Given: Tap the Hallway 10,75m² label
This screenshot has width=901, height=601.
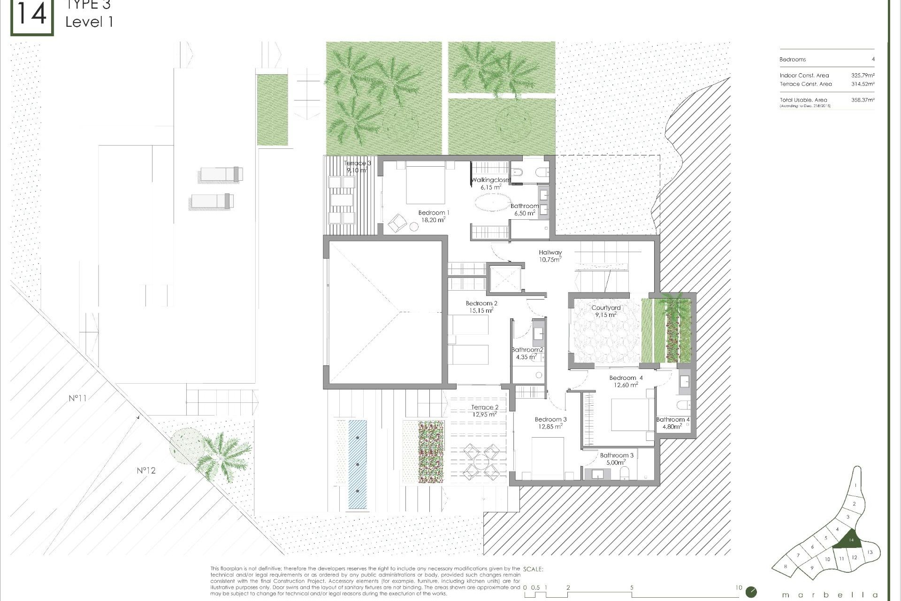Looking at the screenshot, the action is click(x=550, y=256).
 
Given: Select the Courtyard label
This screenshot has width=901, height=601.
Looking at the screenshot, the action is click(x=606, y=311).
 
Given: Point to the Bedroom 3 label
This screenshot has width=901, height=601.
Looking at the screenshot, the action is click(x=550, y=423).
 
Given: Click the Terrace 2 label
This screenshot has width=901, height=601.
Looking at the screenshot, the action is click(x=484, y=411).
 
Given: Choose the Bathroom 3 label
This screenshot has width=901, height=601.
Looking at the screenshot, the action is click(x=616, y=459).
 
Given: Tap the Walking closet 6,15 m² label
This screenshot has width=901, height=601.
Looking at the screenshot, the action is click(x=490, y=184).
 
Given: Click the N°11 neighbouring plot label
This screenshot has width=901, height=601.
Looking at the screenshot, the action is click(x=77, y=398).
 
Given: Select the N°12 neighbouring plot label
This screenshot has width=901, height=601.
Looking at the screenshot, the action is click(x=146, y=470).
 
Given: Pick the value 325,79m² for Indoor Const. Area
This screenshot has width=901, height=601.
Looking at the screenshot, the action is click(x=863, y=75).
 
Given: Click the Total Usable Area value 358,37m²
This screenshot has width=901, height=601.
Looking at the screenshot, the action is click(x=863, y=100).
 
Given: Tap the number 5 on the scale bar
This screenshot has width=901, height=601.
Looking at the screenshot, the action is click(x=632, y=587).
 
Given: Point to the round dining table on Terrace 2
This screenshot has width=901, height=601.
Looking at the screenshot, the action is click(x=481, y=462).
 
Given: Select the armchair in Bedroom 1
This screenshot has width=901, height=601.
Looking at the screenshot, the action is click(x=397, y=223).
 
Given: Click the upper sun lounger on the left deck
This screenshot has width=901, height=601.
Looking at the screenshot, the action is click(x=221, y=174).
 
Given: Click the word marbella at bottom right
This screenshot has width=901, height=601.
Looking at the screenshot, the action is click(x=829, y=595).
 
